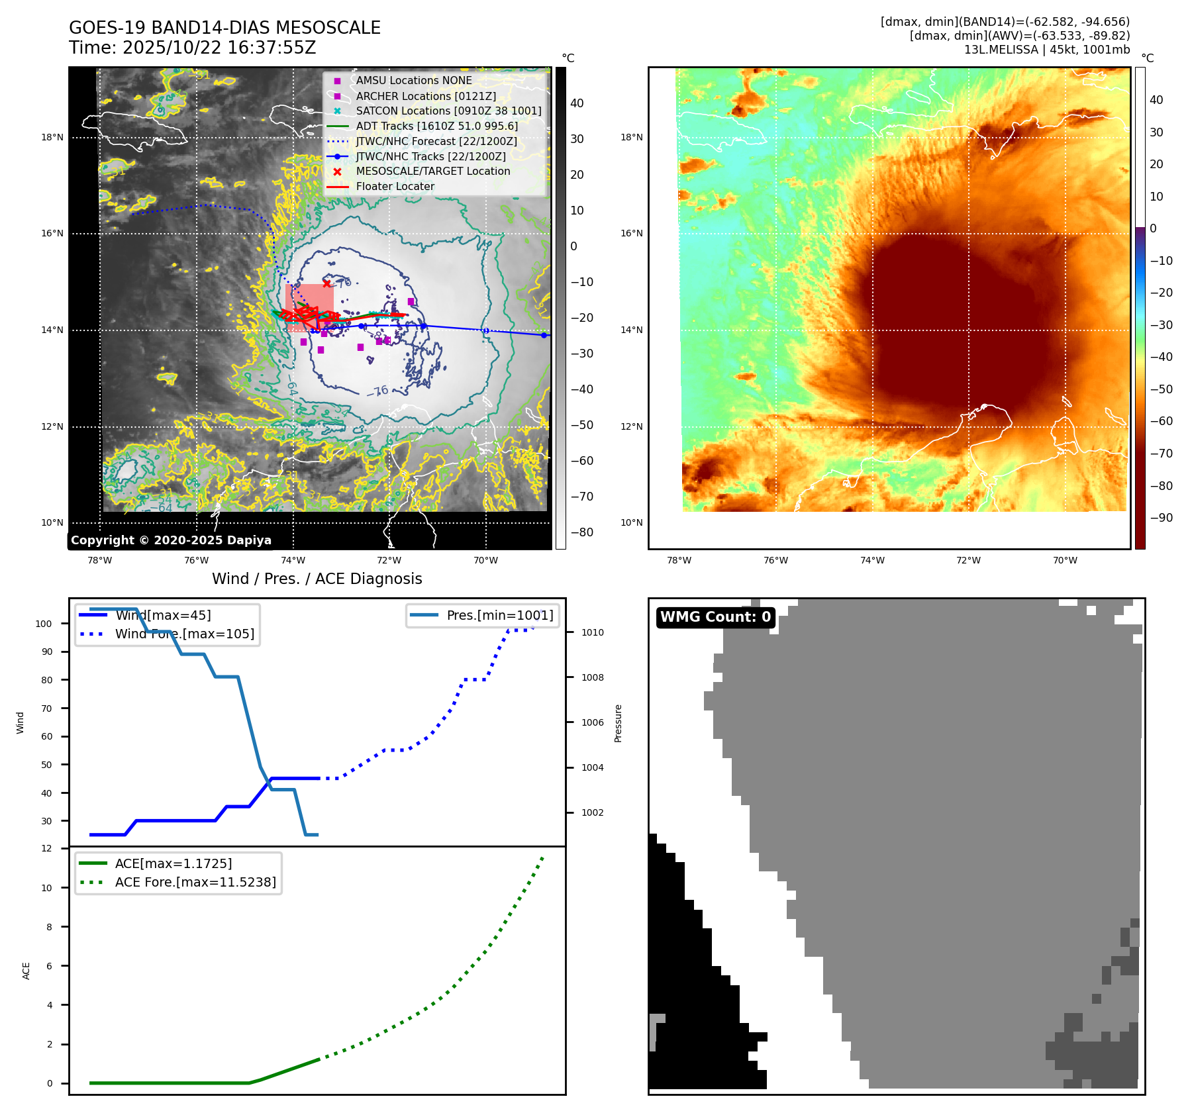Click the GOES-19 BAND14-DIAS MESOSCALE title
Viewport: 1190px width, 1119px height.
(x=224, y=28)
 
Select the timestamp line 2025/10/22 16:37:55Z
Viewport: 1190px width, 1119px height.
(x=192, y=48)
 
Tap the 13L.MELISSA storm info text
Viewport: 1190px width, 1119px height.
(x=1046, y=50)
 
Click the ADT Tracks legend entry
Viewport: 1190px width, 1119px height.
(x=436, y=126)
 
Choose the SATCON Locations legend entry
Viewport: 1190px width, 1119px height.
(x=448, y=111)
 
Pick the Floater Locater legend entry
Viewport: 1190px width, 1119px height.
(x=395, y=186)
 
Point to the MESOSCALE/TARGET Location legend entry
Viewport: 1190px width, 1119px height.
(x=432, y=171)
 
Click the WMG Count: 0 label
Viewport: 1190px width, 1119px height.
(x=715, y=617)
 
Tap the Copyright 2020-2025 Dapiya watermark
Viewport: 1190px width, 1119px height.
(x=171, y=540)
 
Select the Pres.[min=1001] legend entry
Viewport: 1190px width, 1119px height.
(x=499, y=615)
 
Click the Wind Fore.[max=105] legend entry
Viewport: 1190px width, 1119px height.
(x=184, y=634)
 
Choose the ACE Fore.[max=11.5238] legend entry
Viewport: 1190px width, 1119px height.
(x=195, y=882)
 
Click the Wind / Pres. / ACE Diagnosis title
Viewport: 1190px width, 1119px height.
(x=317, y=579)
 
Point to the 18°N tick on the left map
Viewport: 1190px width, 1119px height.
(x=52, y=138)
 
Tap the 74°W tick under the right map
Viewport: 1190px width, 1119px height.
(x=871, y=560)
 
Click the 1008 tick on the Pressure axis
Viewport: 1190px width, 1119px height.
(x=592, y=677)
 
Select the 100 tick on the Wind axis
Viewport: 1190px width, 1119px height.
(x=44, y=624)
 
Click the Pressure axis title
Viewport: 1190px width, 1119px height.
(x=618, y=723)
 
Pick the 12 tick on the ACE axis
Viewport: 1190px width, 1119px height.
(x=46, y=848)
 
